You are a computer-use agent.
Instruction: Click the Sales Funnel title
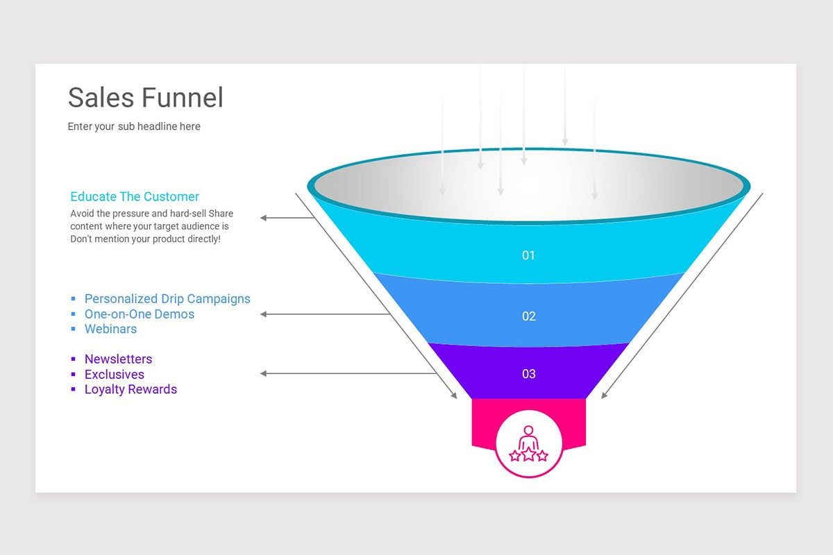coord(146,98)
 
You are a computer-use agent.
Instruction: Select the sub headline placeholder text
coord(134,126)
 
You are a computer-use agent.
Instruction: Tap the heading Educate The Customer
coord(135,196)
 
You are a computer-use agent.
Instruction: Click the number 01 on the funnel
coord(529,255)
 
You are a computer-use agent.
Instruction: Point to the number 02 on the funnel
coord(529,316)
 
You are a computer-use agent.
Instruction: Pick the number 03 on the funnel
coord(529,374)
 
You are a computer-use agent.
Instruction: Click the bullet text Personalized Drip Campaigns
coord(167,299)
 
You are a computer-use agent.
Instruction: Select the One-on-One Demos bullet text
coord(140,314)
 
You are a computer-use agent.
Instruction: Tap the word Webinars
coord(110,329)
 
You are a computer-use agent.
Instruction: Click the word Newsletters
coord(118,359)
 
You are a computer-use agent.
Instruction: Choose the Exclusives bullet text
coord(115,375)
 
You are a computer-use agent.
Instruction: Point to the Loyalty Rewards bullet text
coord(131,389)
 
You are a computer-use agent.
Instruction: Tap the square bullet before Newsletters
coord(74,359)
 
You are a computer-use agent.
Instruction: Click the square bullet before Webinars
coord(74,329)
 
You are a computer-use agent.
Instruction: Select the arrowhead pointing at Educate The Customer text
coord(264,218)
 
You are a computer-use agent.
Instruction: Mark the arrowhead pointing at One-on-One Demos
coord(264,314)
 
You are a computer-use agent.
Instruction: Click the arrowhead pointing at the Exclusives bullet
coord(264,374)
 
